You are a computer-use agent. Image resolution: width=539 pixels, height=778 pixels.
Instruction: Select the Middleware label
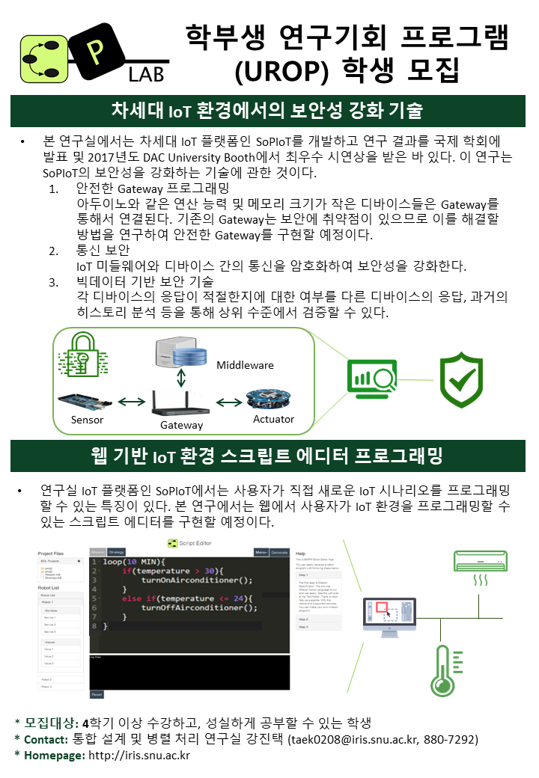(245, 365)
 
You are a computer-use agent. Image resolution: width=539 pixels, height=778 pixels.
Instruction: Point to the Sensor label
(87, 420)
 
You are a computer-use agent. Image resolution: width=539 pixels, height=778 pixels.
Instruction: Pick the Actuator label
(273, 419)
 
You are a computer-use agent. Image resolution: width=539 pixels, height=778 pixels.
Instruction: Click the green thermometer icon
(442, 670)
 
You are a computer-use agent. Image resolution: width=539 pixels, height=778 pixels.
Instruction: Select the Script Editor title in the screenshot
(195, 542)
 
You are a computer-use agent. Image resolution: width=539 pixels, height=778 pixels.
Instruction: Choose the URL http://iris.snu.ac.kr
(139, 756)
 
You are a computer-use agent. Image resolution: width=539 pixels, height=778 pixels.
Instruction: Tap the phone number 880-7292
(449, 739)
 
